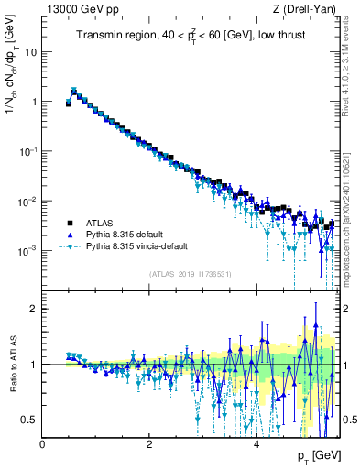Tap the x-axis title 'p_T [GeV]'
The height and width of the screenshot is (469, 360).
(x=317, y=455)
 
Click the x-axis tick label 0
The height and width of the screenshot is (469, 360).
(x=42, y=444)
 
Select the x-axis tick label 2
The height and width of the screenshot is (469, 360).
(x=149, y=444)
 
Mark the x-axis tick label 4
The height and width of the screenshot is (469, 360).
(x=256, y=444)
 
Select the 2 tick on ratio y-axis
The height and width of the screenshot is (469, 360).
(x=33, y=309)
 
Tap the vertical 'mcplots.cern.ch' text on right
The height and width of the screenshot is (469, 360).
(x=351, y=229)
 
